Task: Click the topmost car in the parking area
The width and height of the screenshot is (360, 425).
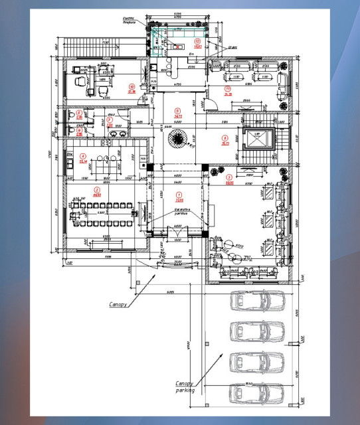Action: [x=256, y=301]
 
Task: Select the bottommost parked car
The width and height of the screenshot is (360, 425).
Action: [x=256, y=392]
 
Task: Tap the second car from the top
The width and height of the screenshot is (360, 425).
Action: [x=256, y=331]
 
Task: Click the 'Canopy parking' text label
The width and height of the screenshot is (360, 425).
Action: [x=185, y=387]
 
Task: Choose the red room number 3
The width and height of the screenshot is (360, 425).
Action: [x=230, y=177]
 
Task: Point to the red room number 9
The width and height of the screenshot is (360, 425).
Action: [x=177, y=111]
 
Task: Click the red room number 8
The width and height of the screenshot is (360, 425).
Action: [x=225, y=137]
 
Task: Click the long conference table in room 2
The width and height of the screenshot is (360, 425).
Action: [x=104, y=214]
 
